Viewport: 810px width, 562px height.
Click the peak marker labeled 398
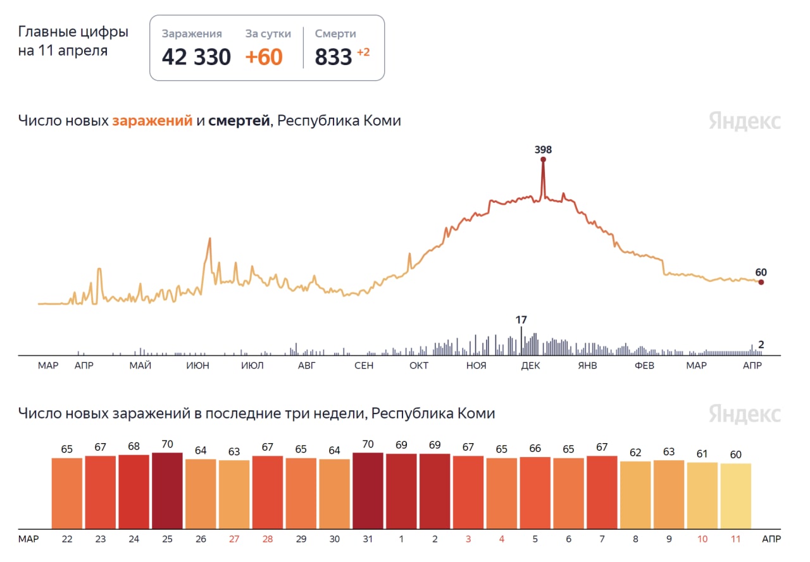pyautogui.click(x=543, y=159)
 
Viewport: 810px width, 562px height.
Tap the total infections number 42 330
pyautogui.click(x=196, y=57)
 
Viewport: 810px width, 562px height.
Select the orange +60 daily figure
pyautogui.click(x=264, y=57)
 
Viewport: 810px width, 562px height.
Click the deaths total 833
pyautogui.click(x=333, y=57)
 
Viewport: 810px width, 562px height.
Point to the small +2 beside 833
pyautogui.click(x=363, y=52)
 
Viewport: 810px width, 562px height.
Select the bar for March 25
pyautogui.click(x=167, y=491)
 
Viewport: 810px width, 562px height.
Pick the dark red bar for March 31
pyautogui.click(x=368, y=491)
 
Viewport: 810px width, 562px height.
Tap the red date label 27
pyautogui.click(x=234, y=539)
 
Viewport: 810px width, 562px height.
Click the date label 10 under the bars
pyautogui.click(x=702, y=539)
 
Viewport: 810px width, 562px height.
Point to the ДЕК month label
pyautogui.click(x=530, y=365)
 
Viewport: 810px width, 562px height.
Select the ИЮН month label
pyautogui.click(x=199, y=365)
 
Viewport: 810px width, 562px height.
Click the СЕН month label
pyautogui.click(x=364, y=365)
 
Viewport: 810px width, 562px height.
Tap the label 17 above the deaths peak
pyautogui.click(x=521, y=320)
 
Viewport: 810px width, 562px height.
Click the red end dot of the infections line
pyautogui.click(x=761, y=283)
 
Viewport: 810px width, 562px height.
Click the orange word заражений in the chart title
pyautogui.click(x=152, y=120)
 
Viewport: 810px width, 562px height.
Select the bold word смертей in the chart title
pyautogui.click(x=239, y=120)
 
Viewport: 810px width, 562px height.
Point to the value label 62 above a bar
pyautogui.click(x=635, y=453)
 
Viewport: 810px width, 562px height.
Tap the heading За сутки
pyautogui.click(x=268, y=34)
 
